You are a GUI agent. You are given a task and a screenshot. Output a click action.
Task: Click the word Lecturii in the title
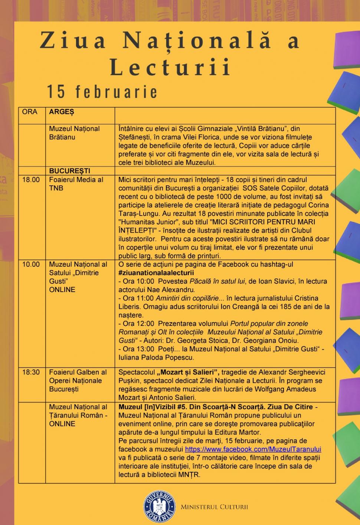[x=170, y=67]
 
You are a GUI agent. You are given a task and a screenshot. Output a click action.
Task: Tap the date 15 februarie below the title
[x=102, y=92]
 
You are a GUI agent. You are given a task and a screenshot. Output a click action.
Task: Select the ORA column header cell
[x=30, y=112]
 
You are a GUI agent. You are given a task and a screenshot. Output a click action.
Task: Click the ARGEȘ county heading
[x=62, y=112]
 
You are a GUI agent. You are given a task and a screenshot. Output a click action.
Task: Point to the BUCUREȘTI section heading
[x=70, y=171]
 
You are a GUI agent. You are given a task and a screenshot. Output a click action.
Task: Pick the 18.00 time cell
[x=31, y=180]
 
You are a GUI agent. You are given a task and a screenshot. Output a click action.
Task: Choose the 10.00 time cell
[x=31, y=265]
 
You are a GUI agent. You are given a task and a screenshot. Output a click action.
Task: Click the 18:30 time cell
[x=31, y=372]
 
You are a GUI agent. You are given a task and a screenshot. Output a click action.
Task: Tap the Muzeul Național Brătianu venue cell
[x=74, y=133]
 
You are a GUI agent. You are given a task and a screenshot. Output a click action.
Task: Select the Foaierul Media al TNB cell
[x=76, y=184]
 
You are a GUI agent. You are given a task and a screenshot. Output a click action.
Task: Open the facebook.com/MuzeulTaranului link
[x=253, y=449]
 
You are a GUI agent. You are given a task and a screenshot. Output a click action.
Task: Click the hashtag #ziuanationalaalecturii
[x=156, y=273]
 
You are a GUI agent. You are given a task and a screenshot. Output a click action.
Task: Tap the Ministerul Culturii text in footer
[x=214, y=507]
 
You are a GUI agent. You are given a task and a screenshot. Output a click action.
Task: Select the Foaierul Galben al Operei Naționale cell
[x=78, y=380]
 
